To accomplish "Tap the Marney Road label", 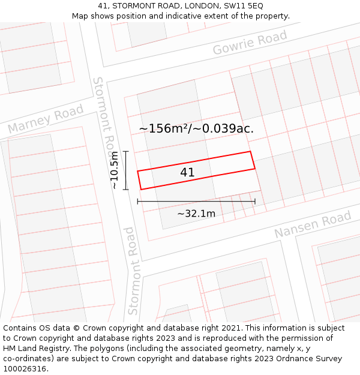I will tap(46, 119).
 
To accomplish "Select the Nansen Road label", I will tap(312, 224).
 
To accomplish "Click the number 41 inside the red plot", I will tap(187, 173).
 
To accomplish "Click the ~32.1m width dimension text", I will tap(196, 214).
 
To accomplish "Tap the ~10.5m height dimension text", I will tap(115, 170).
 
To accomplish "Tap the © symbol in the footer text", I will tap(76, 328).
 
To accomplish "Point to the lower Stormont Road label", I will tap(133, 271).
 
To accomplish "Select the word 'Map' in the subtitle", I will tap(80, 16).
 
